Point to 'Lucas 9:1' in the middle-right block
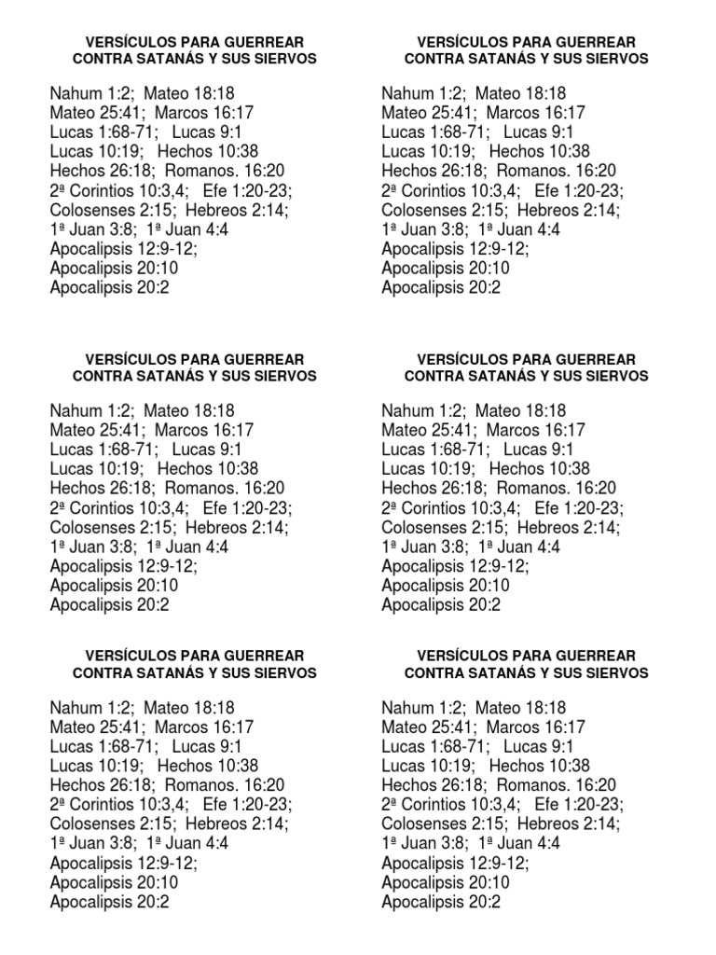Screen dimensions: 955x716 (x=538, y=450)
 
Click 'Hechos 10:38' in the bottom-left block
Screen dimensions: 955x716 (x=208, y=766)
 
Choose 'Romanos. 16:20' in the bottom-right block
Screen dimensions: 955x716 (x=557, y=785)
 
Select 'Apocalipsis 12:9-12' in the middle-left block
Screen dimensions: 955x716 (x=122, y=566)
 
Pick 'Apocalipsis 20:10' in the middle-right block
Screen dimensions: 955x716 (x=446, y=586)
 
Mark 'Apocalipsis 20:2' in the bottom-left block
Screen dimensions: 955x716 (x=109, y=902)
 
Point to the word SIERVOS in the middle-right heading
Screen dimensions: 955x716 (x=617, y=376)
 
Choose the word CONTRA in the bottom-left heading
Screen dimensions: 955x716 (x=100, y=672)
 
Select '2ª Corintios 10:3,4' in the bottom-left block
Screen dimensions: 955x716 (x=119, y=805)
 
